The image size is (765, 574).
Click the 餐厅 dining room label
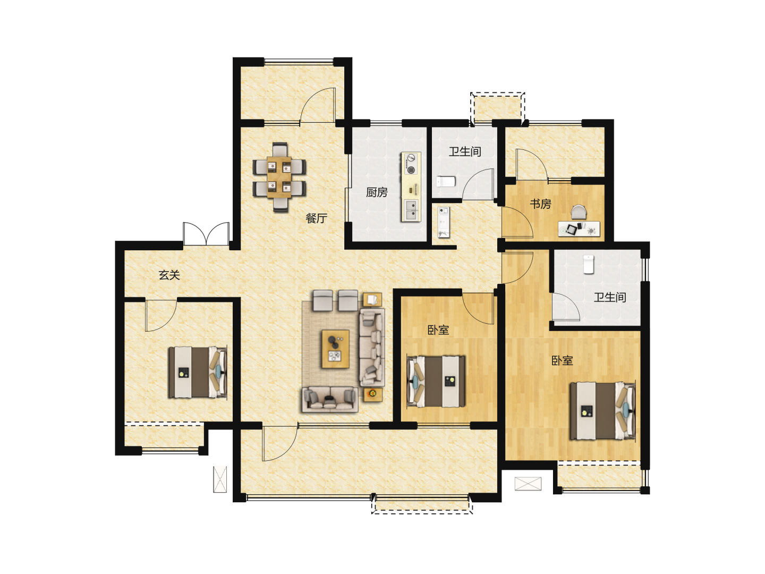[x=316, y=218]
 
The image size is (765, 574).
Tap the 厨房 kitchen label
[x=377, y=192]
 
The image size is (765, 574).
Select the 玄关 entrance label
[x=169, y=275]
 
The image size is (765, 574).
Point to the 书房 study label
[x=540, y=204]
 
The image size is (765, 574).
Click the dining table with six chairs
[x=279, y=177]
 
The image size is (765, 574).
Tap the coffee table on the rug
[x=335, y=349]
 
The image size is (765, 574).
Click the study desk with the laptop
[x=579, y=229]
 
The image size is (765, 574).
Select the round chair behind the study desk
[x=579, y=212]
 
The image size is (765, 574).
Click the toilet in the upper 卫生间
[x=446, y=182]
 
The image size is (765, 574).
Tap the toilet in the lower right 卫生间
[x=589, y=264]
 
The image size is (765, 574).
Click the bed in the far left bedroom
[x=198, y=372]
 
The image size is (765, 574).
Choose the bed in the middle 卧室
[x=436, y=381]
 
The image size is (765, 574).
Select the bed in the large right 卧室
[x=602, y=411]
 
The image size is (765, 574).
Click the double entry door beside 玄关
[x=206, y=233]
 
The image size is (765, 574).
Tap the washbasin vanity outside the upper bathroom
[x=443, y=222]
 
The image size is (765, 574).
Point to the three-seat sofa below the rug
[x=330, y=399]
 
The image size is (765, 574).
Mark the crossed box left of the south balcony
[x=220, y=479]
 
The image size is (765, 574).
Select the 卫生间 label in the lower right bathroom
[x=610, y=297]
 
